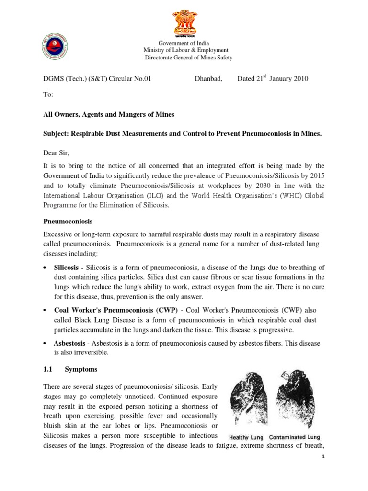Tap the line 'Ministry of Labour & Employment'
(186, 50)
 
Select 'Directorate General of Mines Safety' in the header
(189, 58)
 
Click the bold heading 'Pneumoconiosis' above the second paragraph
(68, 222)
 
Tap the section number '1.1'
(49, 370)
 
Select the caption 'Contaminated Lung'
(295, 437)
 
